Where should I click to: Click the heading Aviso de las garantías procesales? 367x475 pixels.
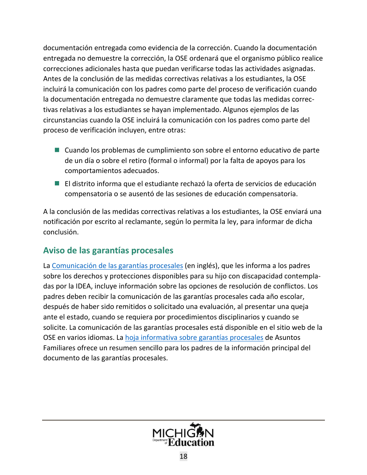coord(108,251)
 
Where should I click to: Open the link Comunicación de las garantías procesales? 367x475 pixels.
coord(117,266)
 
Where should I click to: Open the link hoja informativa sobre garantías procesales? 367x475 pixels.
coord(194,338)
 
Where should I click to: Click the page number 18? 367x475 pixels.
coord(183,456)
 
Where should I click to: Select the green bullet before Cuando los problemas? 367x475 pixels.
coord(57,150)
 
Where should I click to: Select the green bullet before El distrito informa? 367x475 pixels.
coord(57,183)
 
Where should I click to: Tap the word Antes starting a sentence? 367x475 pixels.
coord(51,79)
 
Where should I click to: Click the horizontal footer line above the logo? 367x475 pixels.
coord(183,420)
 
